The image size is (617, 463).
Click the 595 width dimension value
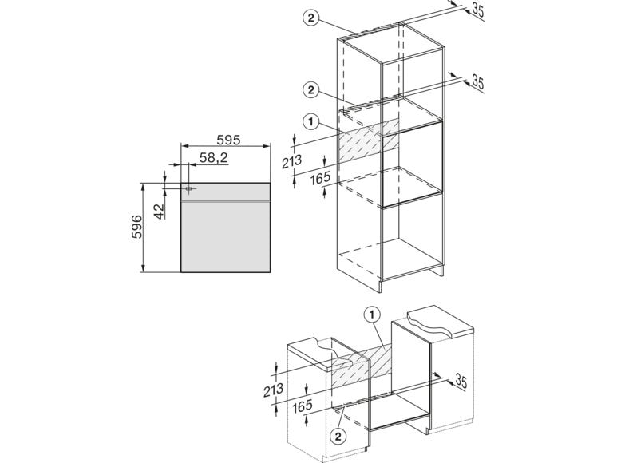pos(228,140)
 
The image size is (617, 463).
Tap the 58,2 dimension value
pos(214,158)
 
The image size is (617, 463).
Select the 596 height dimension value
pos(136,227)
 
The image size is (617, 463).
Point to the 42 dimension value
pos(159,211)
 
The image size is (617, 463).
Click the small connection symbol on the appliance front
pos(189,189)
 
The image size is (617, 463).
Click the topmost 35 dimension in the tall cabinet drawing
pos(477,10)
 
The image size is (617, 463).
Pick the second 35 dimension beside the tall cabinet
pos(477,81)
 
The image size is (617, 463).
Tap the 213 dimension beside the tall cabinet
pos(291,161)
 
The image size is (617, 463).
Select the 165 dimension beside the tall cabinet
pos(320,179)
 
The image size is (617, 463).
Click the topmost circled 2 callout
pos(311,18)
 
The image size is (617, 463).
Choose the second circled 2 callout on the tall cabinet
pos(311,90)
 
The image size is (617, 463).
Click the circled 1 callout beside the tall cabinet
pos(311,122)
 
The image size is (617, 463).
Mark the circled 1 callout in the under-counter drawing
pos(372,315)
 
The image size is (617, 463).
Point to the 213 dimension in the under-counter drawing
pos(273,390)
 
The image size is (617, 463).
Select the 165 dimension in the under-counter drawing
pos(303,406)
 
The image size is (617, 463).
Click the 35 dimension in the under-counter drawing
pos(461,381)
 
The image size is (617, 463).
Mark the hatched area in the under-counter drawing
pos(362,366)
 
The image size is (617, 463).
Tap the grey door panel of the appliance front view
pos(225,237)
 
